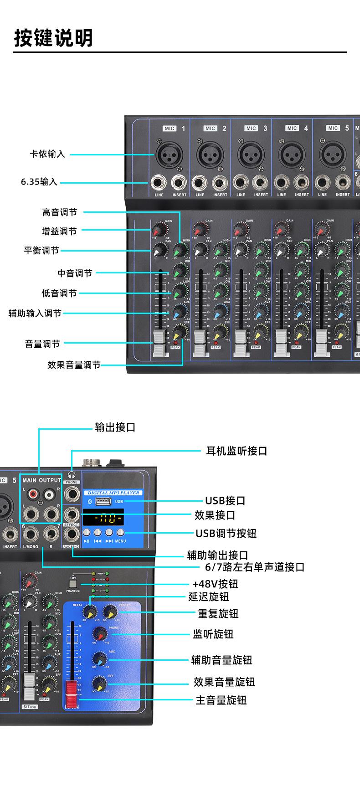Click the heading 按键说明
53,37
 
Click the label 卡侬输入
47,154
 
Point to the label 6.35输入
39,182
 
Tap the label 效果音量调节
74,365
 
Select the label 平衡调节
41,250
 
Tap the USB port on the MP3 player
103,501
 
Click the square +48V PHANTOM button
72,583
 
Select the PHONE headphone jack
72,493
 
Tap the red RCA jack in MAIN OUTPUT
32,493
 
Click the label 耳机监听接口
237,451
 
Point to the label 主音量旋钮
221,700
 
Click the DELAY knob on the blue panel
89,612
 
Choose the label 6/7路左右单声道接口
255,567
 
